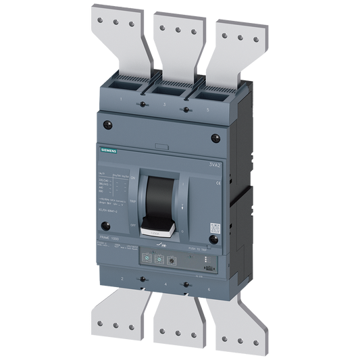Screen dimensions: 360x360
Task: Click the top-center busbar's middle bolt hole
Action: (x=178, y=28)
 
